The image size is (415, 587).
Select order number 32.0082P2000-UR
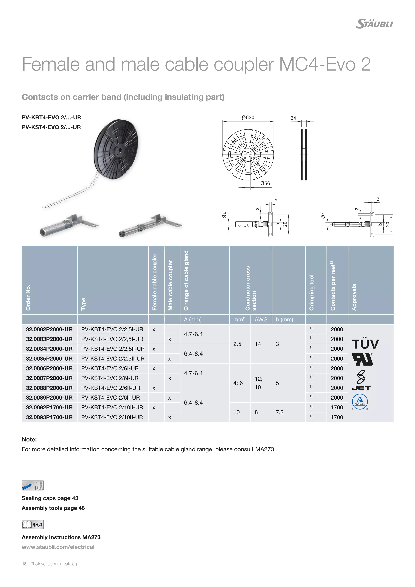[x=49, y=329]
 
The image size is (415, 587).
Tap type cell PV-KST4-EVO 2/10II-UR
[x=112, y=417]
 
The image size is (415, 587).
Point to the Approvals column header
[x=354, y=297]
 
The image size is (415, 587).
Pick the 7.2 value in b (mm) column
[x=280, y=412]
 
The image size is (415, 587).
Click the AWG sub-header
[x=261, y=320]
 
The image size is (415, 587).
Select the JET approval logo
[x=361, y=388]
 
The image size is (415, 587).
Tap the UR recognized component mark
[x=362, y=359]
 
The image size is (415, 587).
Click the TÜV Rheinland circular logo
[x=360, y=401]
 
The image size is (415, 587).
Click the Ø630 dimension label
[x=248, y=118]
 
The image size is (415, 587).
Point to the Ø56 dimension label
[x=265, y=183]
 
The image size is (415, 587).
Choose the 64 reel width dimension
[x=293, y=118]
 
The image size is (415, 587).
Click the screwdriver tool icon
[x=32, y=485]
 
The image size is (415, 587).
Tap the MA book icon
[x=32, y=525]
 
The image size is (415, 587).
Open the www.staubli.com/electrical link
[x=58, y=547]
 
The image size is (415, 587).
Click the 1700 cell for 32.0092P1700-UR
[x=337, y=407]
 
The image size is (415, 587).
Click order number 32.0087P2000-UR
[x=49, y=378]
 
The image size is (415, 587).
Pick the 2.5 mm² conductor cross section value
[x=237, y=344]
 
